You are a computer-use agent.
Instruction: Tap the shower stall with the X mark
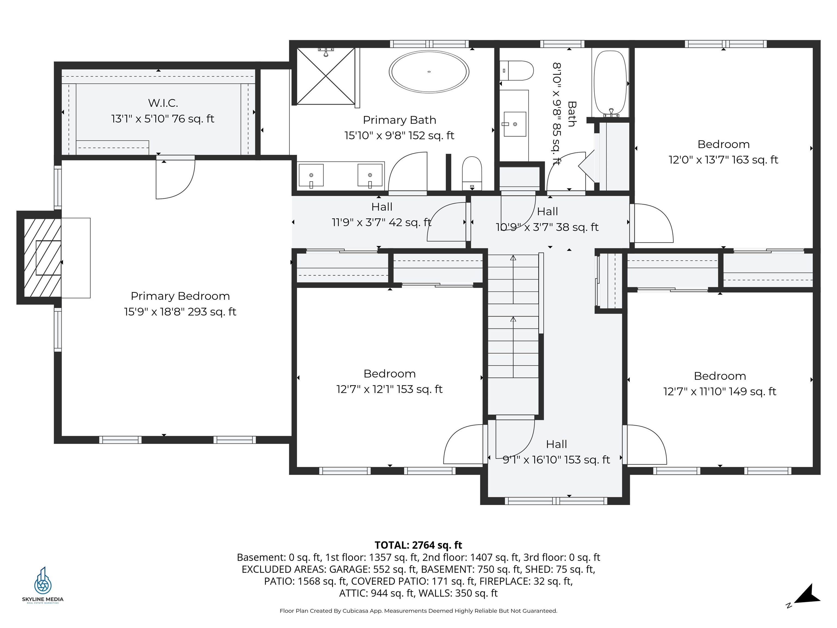[326, 76]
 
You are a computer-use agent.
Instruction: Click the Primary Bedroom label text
[180, 296]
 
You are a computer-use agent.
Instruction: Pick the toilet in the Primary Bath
[472, 173]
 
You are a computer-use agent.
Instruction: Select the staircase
[513, 335]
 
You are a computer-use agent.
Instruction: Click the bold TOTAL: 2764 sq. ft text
[418, 545]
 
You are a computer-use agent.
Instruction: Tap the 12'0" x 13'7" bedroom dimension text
[723, 160]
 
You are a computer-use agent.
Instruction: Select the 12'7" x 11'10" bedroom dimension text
[720, 391]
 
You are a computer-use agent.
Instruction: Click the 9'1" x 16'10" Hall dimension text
[556, 460]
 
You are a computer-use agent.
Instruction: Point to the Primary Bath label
[400, 120]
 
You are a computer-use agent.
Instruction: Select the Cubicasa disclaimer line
[418, 611]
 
